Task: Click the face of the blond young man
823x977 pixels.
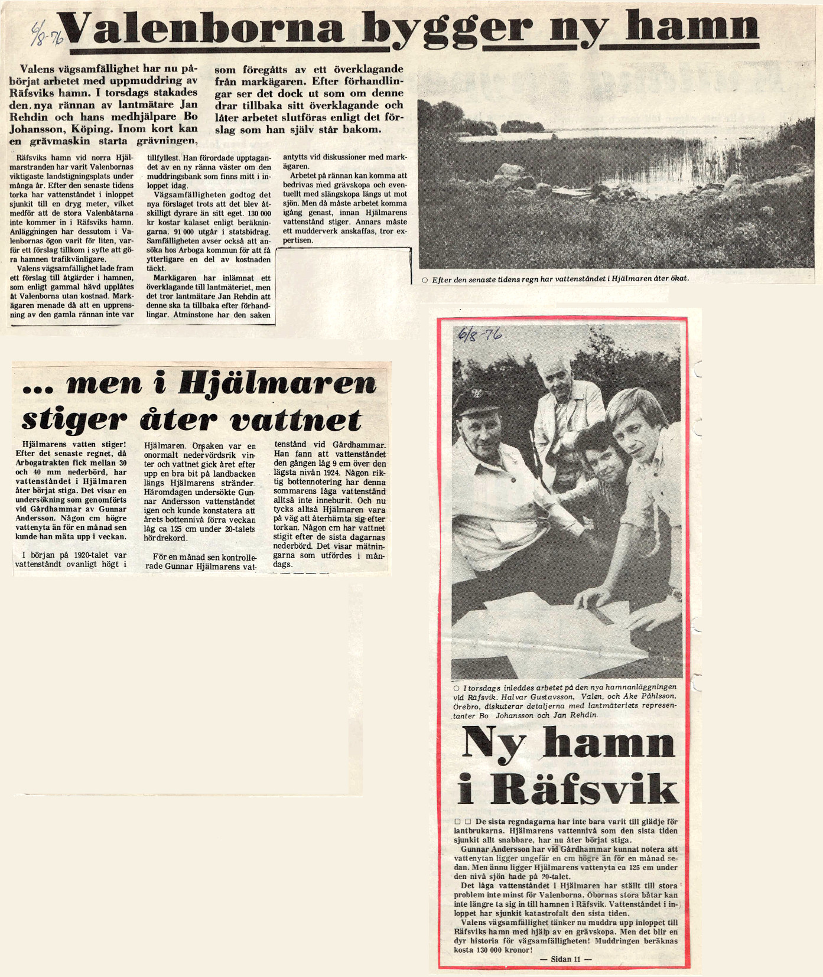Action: tap(635, 434)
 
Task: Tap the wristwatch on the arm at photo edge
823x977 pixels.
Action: tap(674, 594)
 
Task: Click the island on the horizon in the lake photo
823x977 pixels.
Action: tap(523, 126)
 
